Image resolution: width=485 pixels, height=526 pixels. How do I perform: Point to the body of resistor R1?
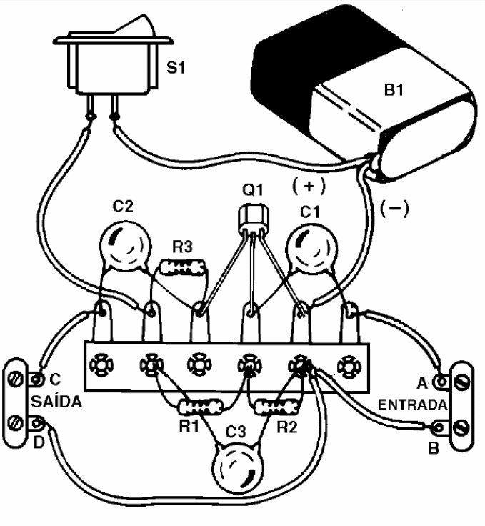pyautogui.click(x=196, y=409)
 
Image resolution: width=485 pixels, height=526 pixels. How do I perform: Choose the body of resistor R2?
pyautogui.click(x=276, y=409)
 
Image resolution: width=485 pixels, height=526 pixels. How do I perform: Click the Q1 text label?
pyautogui.click(x=251, y=192)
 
